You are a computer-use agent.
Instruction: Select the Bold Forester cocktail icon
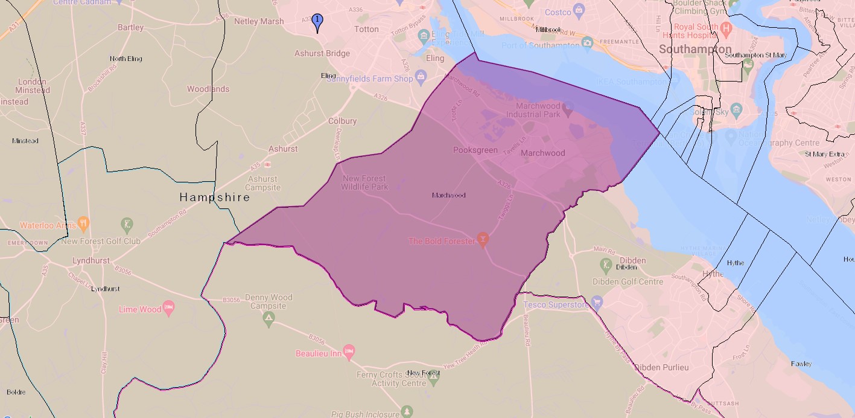coord(482,240)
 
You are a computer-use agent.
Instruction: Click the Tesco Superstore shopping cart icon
coord(597,301)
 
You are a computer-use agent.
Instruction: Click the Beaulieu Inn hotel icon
coord(348,351)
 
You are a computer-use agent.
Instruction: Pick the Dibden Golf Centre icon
coord(606,264)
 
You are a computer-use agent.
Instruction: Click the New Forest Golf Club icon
coord(127,225)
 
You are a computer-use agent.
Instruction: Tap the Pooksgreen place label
coord(475,150)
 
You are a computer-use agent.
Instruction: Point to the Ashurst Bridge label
coord(322,53)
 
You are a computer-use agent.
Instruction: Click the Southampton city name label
coord(695,49)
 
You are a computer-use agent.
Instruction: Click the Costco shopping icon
coord(579,10)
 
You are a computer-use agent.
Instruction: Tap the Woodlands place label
coord(208,89)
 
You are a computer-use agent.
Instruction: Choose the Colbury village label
coord(342,121)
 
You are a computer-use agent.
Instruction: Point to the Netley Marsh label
coord(259,21)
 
